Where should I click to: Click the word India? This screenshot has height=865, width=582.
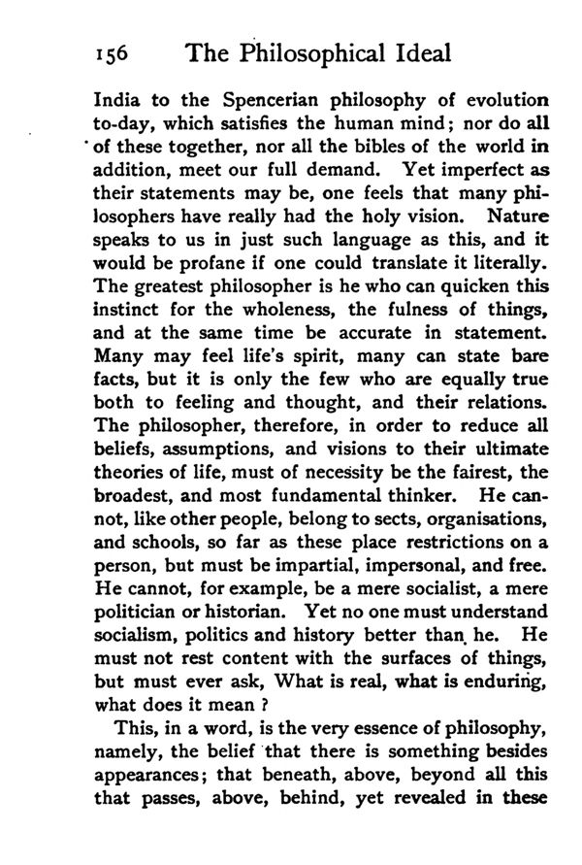pos(113,103)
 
